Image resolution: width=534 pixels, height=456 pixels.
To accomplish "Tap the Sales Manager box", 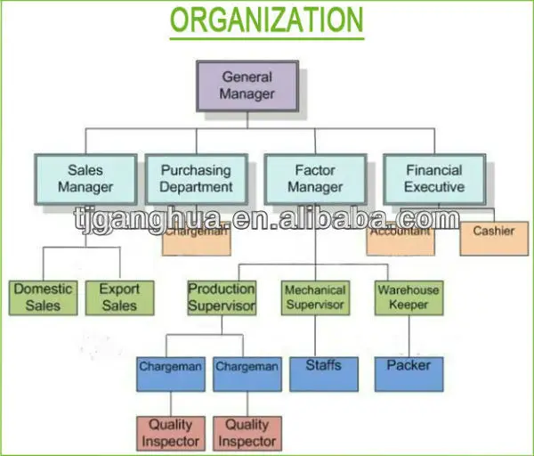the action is pyautogui.click(x=85, y=178).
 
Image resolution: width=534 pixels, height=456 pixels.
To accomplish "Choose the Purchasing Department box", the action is pyautogui.click(x=197, y=178).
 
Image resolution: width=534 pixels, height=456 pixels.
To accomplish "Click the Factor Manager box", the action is pyautogui.click(x=315, y=178).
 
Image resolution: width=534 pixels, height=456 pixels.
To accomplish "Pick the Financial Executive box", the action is pyautogui.click(x=434, y=178).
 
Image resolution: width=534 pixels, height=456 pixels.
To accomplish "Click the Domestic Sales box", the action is pyautogui.click(x=43, y=297).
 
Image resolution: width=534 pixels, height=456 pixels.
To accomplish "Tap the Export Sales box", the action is pyautogui.click(x=119, y=297).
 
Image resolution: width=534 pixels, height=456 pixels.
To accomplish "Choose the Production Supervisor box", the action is pyautogui.click(x=222, y=297).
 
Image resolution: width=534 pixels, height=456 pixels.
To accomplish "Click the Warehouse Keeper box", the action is pyautogui.click(x=409, y=297).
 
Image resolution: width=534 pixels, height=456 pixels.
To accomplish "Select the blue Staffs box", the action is pyautogui.click(x=323, y=373).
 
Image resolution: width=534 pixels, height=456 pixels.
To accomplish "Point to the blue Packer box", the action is pyautogui.click(x=409, y=373).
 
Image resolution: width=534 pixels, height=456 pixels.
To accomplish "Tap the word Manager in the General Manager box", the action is pyautogui.click(x=247, y=93).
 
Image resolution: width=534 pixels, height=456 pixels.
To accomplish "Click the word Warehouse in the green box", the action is pyautogui.click(x=409, y=289).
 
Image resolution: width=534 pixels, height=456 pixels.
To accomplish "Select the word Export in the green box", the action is pyautogui.click(x=119, y=289).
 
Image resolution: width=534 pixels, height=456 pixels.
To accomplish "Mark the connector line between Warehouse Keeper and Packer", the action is pyautogui.click(x=409, y=336).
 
